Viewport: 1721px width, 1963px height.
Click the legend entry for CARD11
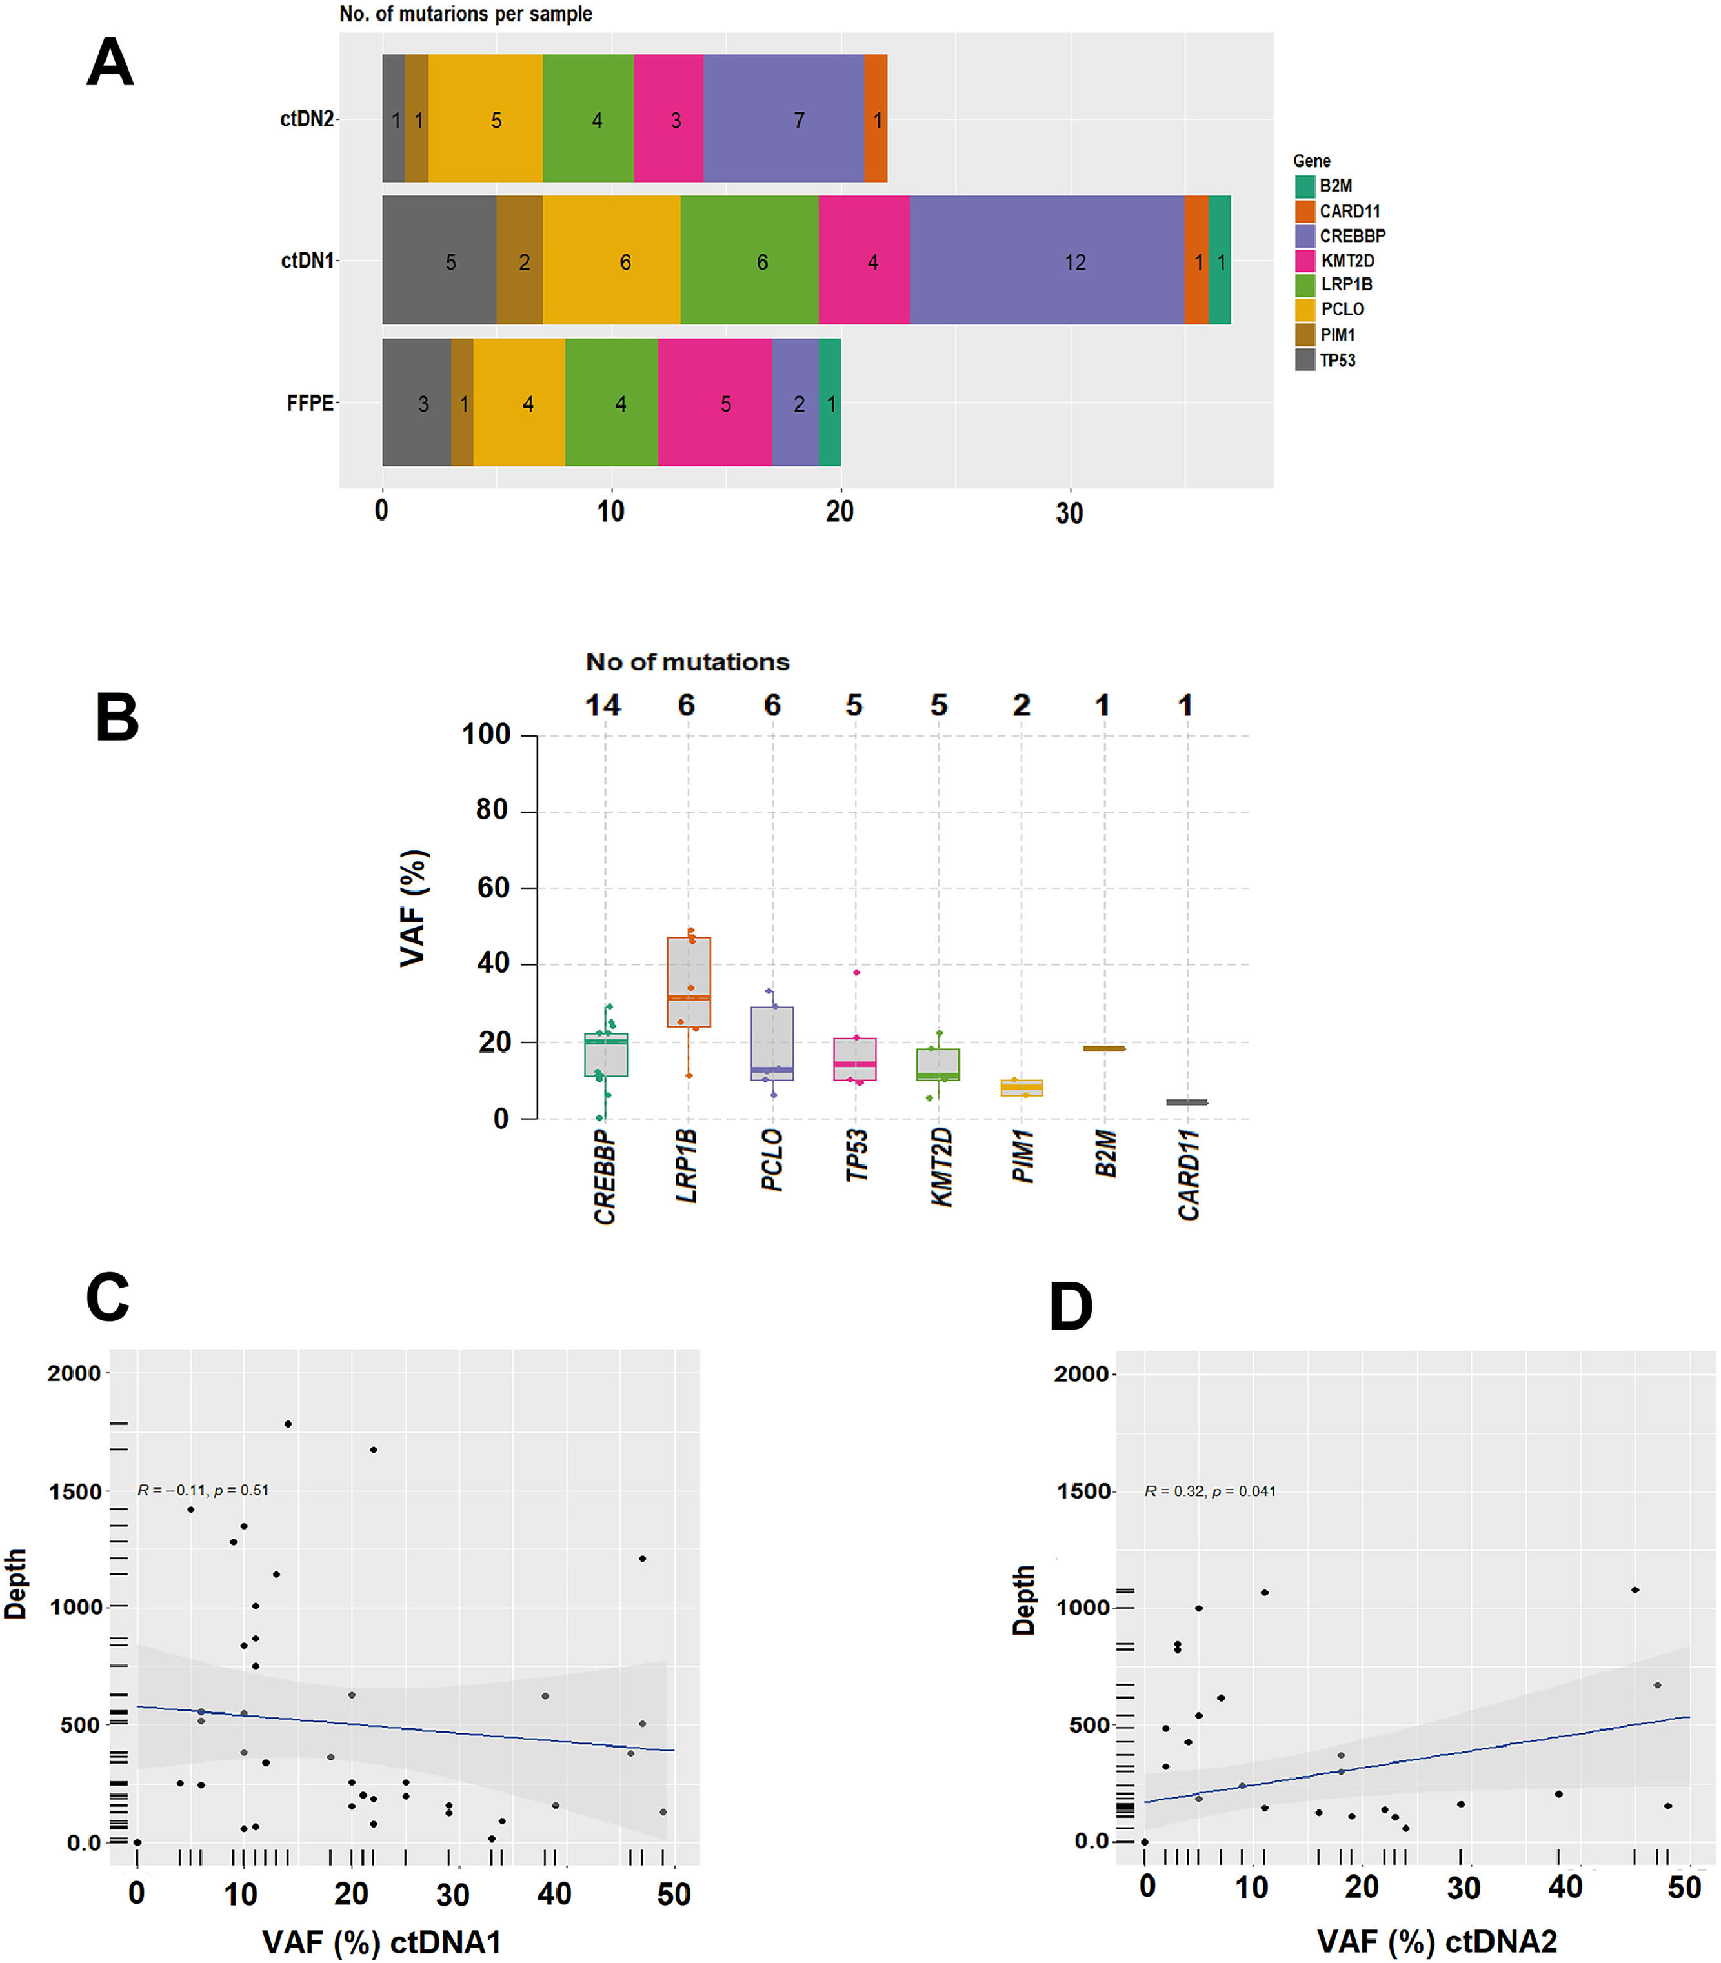(x=1349, y=211)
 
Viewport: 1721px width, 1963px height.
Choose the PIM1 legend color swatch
(x=1304, y=334)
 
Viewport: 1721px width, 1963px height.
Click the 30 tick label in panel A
(x=1069, y=513)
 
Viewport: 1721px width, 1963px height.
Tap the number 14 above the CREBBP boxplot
(x=603, y=706)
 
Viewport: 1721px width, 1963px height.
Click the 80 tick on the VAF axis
(x=491, y=810)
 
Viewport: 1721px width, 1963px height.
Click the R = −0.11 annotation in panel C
(x=203, y=1490)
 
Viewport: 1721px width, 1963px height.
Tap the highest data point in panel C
(x=288, y=1424)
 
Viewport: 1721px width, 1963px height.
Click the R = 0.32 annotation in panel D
(x=1210, y=1491)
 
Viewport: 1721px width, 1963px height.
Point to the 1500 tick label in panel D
(x=1083, y=1491)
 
